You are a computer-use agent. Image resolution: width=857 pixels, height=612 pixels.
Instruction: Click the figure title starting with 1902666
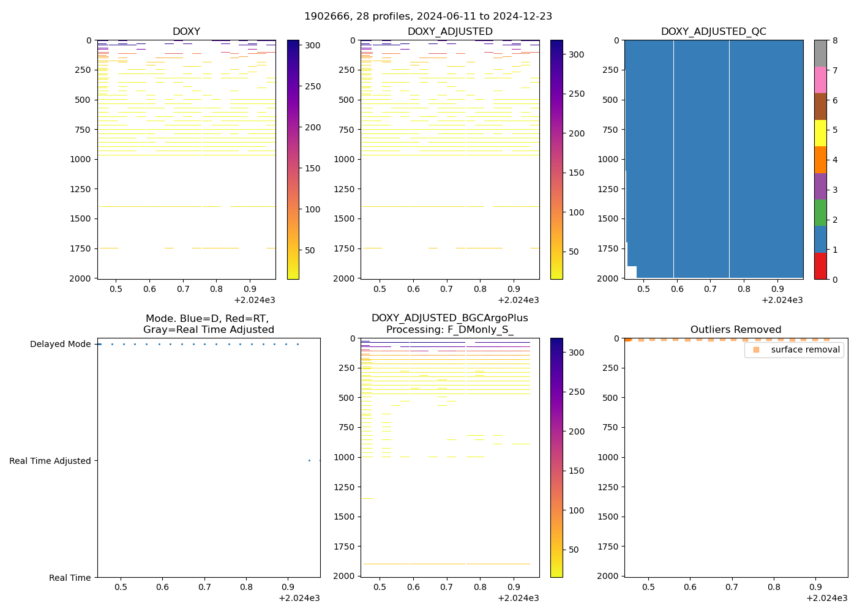coord(428,17)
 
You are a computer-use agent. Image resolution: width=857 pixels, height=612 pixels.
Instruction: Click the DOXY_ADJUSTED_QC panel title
coord(713,32)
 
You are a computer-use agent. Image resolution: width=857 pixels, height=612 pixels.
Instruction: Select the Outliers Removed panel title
coord(736,330)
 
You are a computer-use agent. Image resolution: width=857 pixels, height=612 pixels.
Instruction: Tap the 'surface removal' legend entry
coord(805,349)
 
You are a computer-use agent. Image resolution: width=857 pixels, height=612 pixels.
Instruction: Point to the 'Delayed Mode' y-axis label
coord(60,345)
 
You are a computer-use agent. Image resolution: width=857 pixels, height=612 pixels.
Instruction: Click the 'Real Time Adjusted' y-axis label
coord(50,461)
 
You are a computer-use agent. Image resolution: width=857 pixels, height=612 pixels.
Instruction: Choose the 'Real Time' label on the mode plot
coord(70,578)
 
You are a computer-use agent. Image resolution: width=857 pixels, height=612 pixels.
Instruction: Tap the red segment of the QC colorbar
coord(820,266)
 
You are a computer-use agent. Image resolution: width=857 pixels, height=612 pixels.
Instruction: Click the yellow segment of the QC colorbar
coord(820,133)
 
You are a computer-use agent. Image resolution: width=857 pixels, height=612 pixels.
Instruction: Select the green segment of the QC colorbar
coord(820,213)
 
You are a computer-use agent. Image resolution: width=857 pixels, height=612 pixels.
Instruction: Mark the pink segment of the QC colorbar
coord(820,80)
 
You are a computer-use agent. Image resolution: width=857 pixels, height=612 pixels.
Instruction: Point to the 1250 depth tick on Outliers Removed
coord(607,487)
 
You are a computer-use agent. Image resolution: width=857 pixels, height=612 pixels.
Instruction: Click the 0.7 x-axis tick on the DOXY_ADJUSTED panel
coord(447,289)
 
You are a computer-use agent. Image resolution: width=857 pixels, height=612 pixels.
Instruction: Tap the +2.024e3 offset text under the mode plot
coord(299,598)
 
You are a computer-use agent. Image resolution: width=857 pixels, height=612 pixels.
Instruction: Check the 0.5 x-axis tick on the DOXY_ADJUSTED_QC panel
coord(643,289)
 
